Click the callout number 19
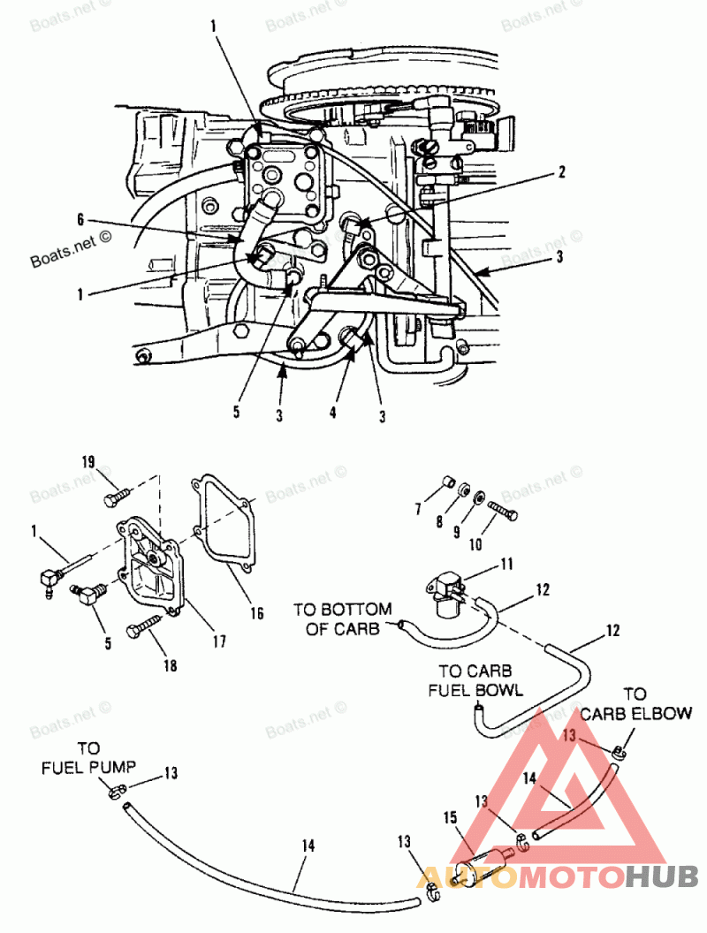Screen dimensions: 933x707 88,463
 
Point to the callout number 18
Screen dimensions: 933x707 171,665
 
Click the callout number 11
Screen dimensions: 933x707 506,563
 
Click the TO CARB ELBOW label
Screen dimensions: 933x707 635,704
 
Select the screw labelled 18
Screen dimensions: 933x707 145,632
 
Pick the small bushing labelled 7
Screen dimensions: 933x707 448,482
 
